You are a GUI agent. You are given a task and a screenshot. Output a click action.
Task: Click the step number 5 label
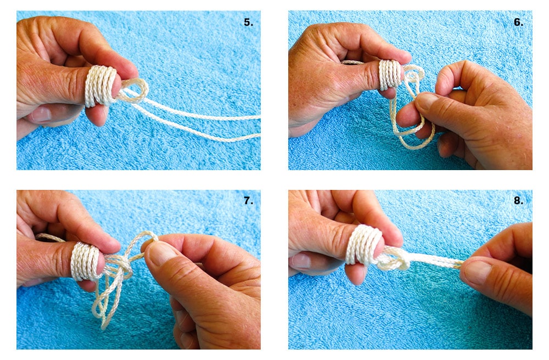click(x=248, y=22)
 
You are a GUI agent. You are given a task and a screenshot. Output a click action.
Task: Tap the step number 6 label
click(x=518, y=22)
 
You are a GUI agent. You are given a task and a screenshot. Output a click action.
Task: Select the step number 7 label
click(x=248, y=201)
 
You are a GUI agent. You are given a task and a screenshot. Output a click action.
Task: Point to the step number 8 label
click(x=518, y=201)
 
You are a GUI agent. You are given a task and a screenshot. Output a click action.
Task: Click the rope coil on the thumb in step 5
click(x=101, y=86)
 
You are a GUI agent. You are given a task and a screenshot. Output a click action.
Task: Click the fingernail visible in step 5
click(x=41, y=114)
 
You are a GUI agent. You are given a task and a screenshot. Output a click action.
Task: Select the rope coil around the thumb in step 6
click(x=389, y=75)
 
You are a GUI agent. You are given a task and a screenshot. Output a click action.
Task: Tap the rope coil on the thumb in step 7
click(x=85, y=261)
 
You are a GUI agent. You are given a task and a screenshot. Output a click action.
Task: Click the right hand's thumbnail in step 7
click(x=162, y=254)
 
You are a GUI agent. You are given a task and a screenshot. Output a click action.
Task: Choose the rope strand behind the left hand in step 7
click(x=51, y=237)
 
